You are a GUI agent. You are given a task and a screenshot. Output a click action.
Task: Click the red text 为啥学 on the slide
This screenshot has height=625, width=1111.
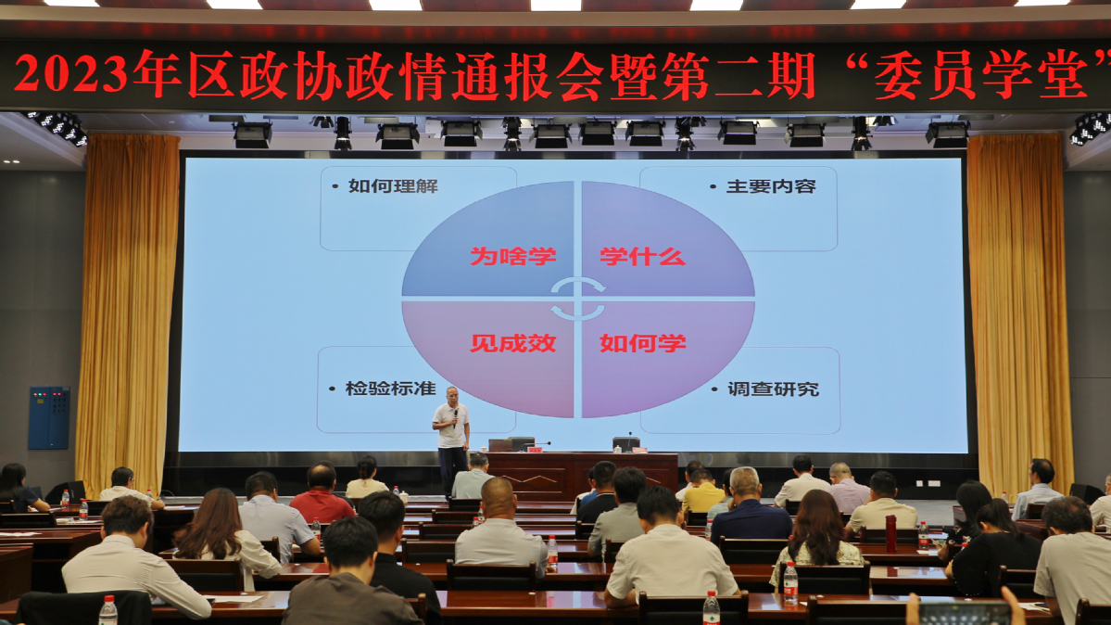pyautogui.click(x=513, y=256)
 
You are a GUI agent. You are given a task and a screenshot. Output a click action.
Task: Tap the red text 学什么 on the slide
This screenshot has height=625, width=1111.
pyautogui.click(x=643, y=256)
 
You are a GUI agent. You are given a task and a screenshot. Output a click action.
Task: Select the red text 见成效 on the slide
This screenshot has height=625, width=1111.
pyautogui.click(x=513, y=343)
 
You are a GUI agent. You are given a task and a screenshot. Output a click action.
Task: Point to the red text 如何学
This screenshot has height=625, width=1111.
pyautogui.click(x=643, y=343)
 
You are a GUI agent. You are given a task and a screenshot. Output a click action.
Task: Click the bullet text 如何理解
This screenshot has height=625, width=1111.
pyautogui.click(x=393, y=186)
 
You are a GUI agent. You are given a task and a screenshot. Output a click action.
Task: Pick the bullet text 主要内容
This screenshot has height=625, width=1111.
pyautogui.click(x=771, y=186)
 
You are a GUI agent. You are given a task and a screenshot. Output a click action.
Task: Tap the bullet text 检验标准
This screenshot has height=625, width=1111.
pyautogui.click(x=390, y=389)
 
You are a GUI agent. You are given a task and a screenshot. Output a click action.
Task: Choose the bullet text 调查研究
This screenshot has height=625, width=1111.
pyautogui.click(x=773, y=389)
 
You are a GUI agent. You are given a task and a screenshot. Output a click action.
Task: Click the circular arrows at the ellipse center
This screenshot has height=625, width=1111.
pyautogui.click(x=578, y=299)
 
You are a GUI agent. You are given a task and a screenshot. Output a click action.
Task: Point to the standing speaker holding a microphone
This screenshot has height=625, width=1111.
pyautogui.click(x=451, y=440)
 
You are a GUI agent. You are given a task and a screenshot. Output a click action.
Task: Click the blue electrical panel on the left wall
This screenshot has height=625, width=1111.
pyautogui.click(x=49, y=418)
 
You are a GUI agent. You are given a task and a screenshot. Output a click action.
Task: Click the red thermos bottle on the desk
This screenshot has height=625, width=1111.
pyautogui.click(x=890, y=533)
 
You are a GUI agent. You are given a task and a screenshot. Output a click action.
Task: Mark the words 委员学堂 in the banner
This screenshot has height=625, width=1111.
pyautogui.click(x=980, y=74)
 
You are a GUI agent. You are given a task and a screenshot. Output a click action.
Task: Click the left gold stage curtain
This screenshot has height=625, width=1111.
pyautogui.click(x=128, y=312)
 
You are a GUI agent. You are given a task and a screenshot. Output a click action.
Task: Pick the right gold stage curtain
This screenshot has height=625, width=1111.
pyautogui.click(x=1019, y=312)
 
